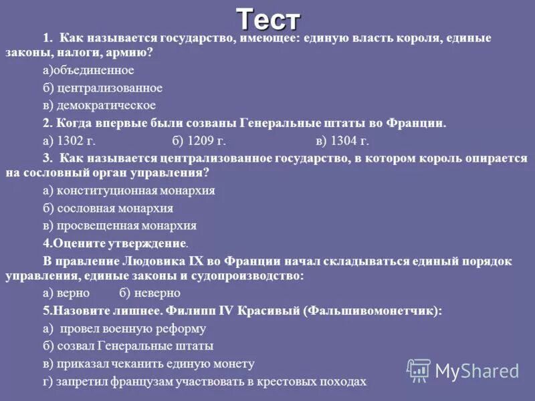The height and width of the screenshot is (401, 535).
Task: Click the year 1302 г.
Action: tap(73, 140)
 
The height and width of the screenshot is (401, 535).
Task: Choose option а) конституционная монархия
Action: tap(128, 190)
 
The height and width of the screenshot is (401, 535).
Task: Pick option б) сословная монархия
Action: tap(108, 208)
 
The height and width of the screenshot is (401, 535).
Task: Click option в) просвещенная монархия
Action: tap(119, 226)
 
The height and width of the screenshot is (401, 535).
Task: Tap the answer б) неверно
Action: tap(150, 293)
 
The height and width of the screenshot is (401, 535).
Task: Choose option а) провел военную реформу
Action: tap(124, 328)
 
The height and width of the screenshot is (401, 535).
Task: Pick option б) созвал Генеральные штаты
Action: tap(128, 346)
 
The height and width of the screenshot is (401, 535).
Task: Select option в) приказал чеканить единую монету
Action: tap(148, 364)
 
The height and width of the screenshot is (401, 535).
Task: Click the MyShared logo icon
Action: tap(419, 370)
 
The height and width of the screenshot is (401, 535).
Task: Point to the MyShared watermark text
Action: tap(477, 371)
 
